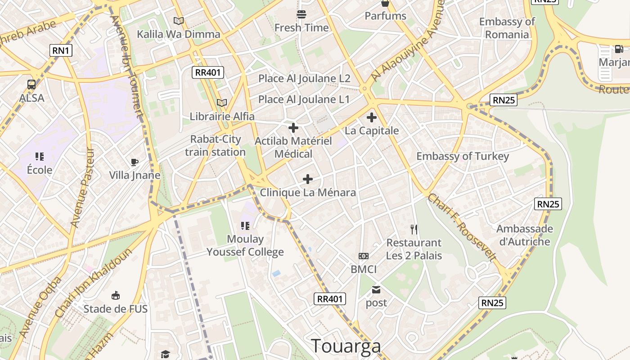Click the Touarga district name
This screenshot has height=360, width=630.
coord(346,346)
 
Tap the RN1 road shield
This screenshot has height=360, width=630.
coord(61,50)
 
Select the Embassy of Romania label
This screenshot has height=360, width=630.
coord(507,28)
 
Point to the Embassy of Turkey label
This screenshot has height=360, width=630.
coord(463,156)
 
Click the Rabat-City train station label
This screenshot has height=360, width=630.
coord(216,145)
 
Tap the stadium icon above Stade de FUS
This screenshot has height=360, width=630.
coord(116,295)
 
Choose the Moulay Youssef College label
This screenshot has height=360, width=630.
coord(245,245)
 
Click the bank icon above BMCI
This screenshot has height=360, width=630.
coord(364,256)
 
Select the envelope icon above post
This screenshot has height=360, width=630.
coord(376,290)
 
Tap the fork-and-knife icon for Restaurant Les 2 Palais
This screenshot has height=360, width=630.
coord(414,229)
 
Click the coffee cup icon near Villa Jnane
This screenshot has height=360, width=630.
coord(134,162)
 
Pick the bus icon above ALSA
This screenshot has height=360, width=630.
coord(31,84)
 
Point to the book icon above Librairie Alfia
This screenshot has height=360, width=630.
coord(222,103)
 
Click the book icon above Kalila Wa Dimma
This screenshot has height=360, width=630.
coord(179,21)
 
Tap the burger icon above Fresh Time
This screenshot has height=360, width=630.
coord(301,14)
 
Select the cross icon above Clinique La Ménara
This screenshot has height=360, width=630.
coord(308,180)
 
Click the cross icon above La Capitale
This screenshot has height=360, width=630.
coord(372,117)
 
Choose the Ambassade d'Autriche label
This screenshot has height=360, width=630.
coord(525,235)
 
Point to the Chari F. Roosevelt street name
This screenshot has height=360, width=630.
coord(462,228)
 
